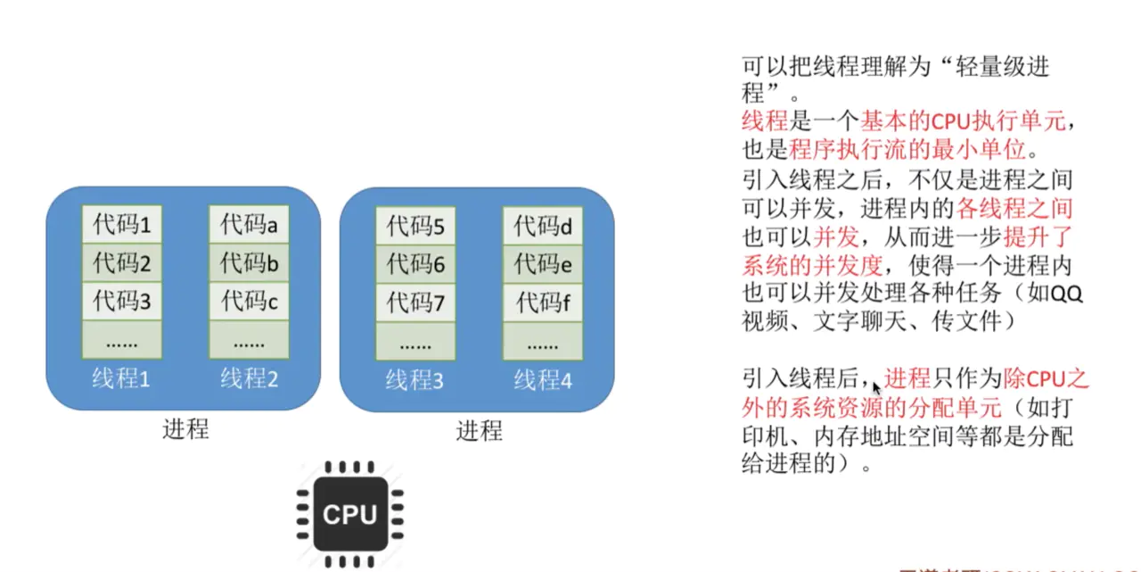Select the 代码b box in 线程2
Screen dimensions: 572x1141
pyautogui.click(x=249, y=263)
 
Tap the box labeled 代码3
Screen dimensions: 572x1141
pyautogui.click(x=122, y=302)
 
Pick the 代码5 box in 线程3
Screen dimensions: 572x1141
pyautogui.click(x=415, y=227)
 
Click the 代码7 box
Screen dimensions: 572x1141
pyautogui.click(x=415, y=303)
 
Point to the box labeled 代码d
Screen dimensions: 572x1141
pyautogui.click(x=542, y=227)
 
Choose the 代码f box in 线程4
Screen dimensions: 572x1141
pyautogui.click(x=542, y=303)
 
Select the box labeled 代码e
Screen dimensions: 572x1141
pyautogui.click(x=542, y=265)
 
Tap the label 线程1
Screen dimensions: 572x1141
pyautogui.click(x=122, y=378)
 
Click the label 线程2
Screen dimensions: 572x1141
pyautogui.click(x=250, y=378)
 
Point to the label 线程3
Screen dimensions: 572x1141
pyautogui.click(x=415, y=380)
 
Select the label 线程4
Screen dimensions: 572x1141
pyautogui.click(x=543, y=380)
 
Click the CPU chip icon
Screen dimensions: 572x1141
pyautogui.click(x=349, y=514)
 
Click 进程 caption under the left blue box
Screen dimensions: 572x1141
pyautogui.click(x=185, y=428)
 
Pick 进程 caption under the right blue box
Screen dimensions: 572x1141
pyautogui.click(x=480, y=431)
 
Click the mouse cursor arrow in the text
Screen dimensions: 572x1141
pyautogui.click(x=876, y=387)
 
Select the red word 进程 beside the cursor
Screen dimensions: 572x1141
pyautogui.click(x=907, y=378)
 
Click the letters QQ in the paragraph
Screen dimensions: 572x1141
pyautogui.click(x=1066, y=294)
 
